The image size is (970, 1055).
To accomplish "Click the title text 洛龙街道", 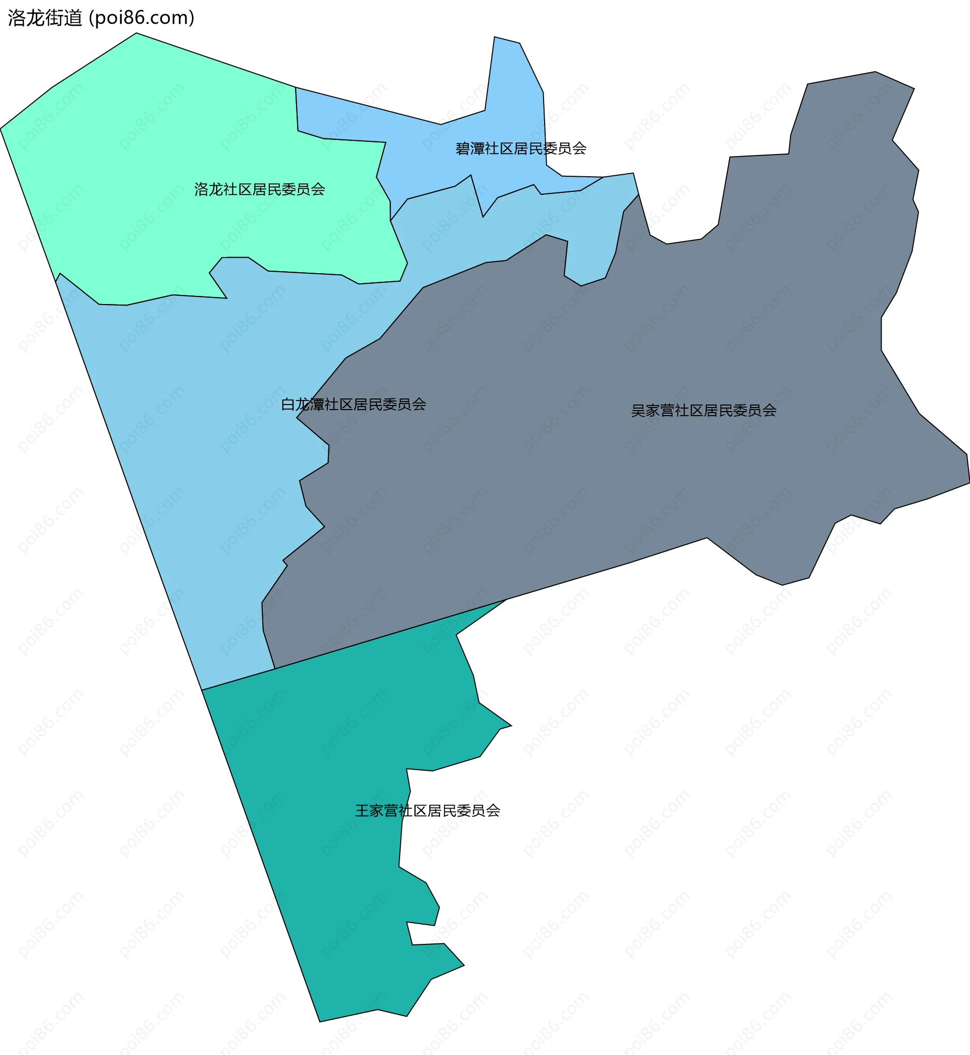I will (45, 18).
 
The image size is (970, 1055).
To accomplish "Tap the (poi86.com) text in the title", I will (142, 18).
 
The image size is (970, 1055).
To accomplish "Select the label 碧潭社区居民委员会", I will (521, 148).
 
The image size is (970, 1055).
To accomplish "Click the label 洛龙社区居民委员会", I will (259, 189).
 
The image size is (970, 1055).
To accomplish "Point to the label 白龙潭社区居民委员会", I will (353, 404).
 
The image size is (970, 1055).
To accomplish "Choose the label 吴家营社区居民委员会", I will (703, 410).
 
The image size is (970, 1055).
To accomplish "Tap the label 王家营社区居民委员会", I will (427, 811).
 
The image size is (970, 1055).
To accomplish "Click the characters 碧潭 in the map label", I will (470, 148).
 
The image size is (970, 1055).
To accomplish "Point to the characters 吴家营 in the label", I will (652, 410).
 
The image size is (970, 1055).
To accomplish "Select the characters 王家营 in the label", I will (376, 811).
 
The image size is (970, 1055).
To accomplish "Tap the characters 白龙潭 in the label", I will (303, 404).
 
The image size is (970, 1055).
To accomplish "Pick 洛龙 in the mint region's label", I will (209, 189).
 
